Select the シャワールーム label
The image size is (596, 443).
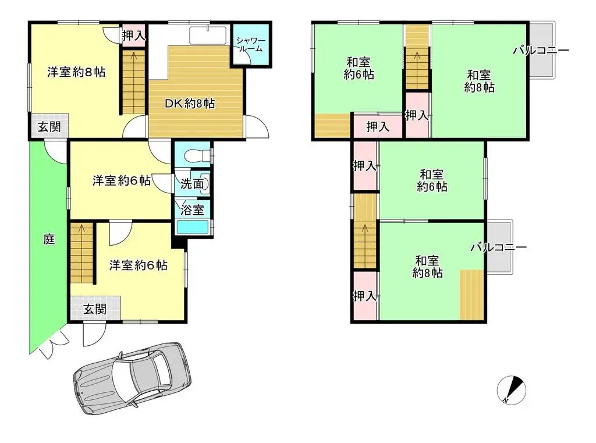pyautogui.click(x=251, y=45)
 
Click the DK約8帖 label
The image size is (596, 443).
pyautogui.click(x=190, y=104)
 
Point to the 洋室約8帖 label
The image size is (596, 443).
pyautogui.click(x=76, y=72)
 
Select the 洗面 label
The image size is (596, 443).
pyautogui.click(x=191, y=183)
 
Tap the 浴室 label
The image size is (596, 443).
pyautogui.click(x=191, y=209)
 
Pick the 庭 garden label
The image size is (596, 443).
pyautogui.click(x=49, y=239)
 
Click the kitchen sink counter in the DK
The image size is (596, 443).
pyautogui.click(x=207, y=35)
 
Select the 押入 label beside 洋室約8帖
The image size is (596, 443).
pyautogui.click(x=133, y=36)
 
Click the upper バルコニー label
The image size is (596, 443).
pyautogui.click(x=541, y=51)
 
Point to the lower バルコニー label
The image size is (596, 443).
pyautogui.click(x=498, y=247)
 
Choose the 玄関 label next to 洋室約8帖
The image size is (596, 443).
pyautogui.click(x=49, y=127)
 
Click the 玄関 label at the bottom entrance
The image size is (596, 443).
pyautogui.click(x=94, y=309)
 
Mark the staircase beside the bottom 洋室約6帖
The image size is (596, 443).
pyautogui.click(x=81, y=253)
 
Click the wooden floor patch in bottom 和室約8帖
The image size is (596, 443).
pyautogui.click(x=471, y=295)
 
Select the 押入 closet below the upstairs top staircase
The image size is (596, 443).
pyautogui.click(x=417, y=115)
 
